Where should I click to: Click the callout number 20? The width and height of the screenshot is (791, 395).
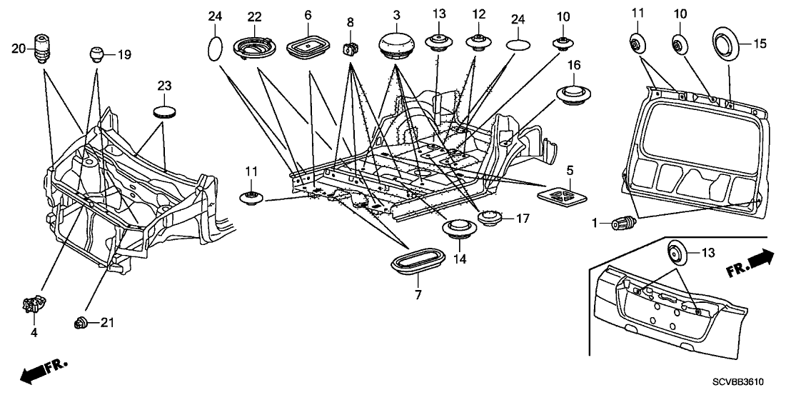19,48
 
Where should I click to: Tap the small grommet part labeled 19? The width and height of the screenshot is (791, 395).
97,54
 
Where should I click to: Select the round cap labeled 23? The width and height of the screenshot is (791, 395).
166,111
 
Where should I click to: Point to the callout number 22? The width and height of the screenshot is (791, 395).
255,16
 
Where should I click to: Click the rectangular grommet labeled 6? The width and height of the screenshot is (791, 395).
307,49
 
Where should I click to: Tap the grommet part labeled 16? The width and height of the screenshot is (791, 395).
573,94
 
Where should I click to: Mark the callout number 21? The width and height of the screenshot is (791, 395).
106,324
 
